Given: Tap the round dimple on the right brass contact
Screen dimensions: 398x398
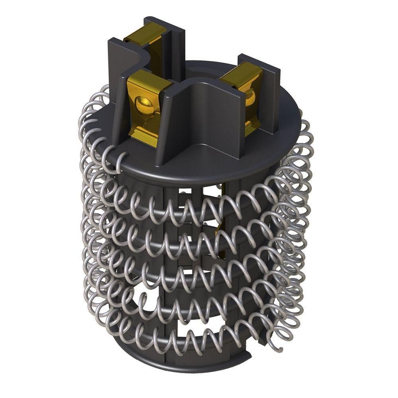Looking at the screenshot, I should click(x=250, y=97).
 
